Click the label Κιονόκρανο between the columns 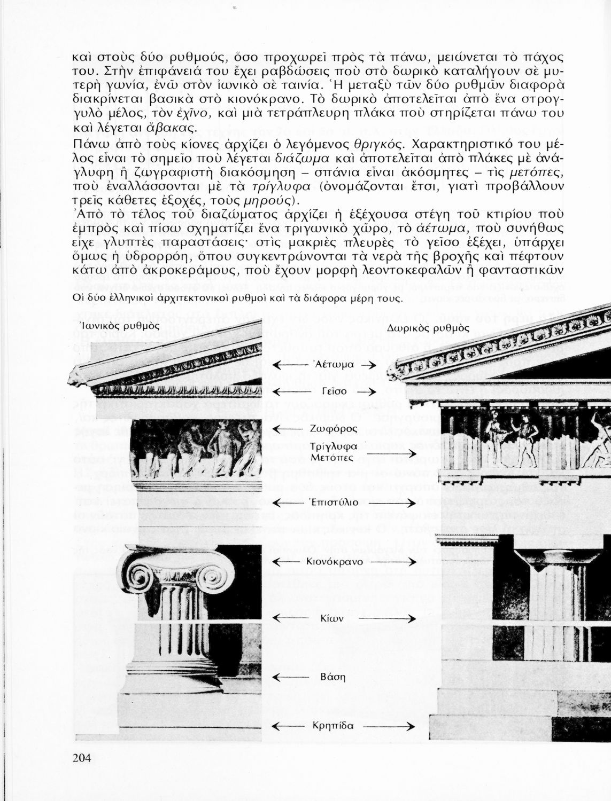(335, 562)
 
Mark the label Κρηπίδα (332, 726)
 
